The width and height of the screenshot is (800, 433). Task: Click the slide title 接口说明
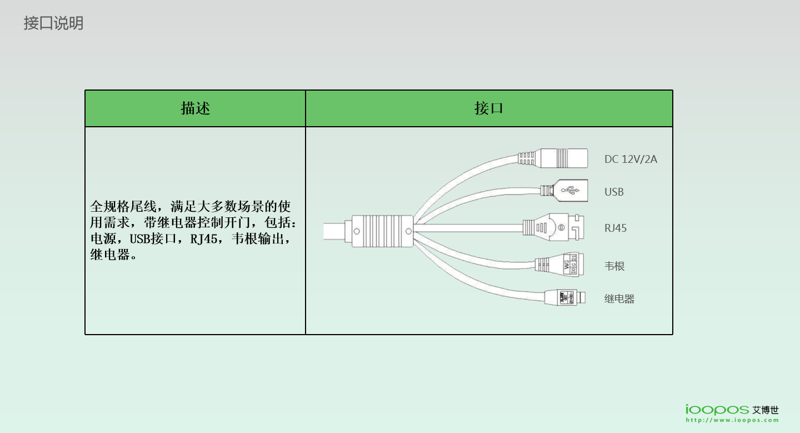point(53,23)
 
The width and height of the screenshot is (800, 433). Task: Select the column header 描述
point(195,108)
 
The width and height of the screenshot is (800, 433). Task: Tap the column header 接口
point(488,108)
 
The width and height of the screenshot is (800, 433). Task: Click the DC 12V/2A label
point(631,160)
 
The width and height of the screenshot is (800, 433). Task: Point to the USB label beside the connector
point(614,192)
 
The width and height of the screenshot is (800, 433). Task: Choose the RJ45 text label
point(615,228)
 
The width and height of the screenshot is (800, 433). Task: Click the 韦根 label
point(614,266)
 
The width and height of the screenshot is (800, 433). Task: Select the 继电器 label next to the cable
point(619,299)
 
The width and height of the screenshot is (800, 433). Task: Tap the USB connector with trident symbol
point(564,191)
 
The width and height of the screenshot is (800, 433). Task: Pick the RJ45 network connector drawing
point(556,227)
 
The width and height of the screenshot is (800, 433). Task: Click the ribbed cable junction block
point(379,231)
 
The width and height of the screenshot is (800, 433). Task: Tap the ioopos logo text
point(717,410)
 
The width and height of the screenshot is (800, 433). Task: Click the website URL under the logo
point(732,421)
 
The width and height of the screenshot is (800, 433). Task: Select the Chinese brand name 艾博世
point(766,410)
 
